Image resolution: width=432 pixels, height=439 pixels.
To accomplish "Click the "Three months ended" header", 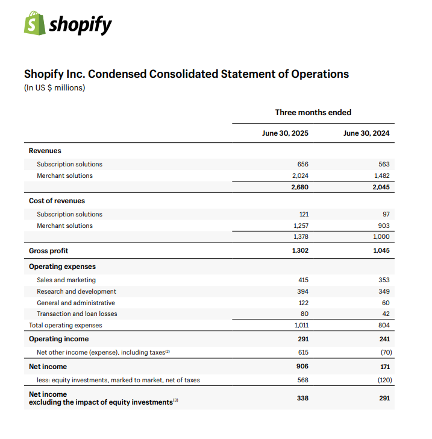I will (313, 112).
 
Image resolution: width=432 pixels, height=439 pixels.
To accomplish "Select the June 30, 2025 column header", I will (285, 133).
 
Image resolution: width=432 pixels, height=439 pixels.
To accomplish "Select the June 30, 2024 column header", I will (366, 133).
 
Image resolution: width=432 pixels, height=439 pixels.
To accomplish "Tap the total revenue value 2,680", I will (299, 187).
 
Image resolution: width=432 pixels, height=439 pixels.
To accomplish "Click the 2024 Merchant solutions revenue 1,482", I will (381, 175).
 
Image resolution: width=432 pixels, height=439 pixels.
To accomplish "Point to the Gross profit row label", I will (48, 250).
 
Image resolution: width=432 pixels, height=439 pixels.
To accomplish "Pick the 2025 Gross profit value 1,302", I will (299, 250).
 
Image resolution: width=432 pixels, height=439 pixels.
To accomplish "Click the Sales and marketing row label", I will (66, 280).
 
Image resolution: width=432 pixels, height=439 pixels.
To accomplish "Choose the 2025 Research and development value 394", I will (303, 291).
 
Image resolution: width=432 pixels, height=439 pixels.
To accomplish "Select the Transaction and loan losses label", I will (77, 314).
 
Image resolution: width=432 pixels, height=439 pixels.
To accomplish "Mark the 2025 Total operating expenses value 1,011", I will (300, 325).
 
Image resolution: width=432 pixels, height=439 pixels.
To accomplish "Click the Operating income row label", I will (58, 339).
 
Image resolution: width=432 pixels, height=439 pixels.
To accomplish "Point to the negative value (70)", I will (381, 352).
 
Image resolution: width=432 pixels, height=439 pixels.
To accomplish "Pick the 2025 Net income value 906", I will (302, 367).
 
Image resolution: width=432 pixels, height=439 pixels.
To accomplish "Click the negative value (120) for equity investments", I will (380, 380).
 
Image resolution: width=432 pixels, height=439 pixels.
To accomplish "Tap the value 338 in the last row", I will (302, 398).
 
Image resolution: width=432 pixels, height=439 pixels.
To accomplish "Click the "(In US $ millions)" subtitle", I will (54, 88).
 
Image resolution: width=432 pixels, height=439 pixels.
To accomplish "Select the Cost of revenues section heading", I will (57, 201).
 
